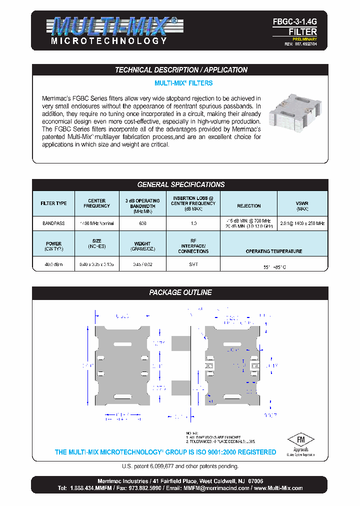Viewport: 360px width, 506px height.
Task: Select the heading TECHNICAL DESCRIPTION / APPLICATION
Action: coord(181,70)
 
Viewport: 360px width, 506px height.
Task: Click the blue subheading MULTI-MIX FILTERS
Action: coord(183,83)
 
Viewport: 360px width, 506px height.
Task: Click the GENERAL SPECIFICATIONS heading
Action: coord(181,184)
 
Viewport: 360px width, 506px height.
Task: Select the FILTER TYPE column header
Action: coord(53,204)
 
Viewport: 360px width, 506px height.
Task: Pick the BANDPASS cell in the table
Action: coord(53,223)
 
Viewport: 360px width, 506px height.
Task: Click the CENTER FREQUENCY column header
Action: coord(96,203)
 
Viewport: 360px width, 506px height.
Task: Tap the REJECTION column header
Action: coord(248,205)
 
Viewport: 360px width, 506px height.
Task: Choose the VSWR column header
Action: coord(302,205)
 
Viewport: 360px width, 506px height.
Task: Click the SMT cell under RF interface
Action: coord(193,264)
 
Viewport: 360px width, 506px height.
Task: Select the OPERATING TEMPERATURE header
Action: coord(273,251)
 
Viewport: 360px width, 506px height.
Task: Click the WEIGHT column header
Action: coord(142,246)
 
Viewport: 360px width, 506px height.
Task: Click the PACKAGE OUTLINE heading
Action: coord(181,292)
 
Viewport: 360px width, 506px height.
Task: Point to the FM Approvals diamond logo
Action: coord(300,440)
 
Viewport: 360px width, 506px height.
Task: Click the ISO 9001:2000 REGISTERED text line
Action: coord(165,452)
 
